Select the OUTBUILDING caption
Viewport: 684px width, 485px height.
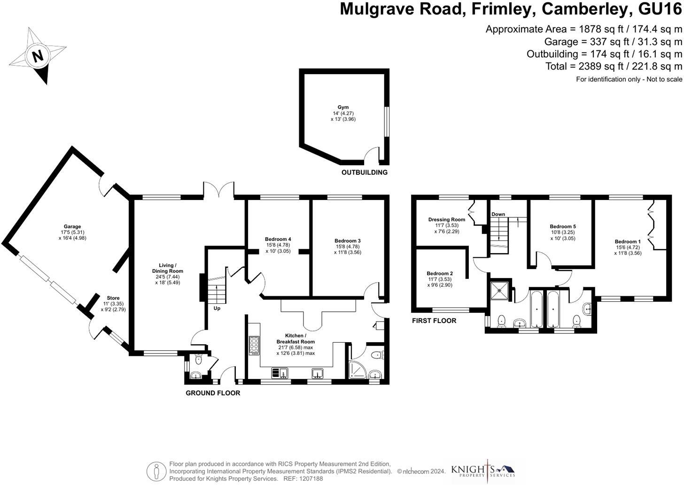(x=364, y=172)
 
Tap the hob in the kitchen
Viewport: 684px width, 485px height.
(x=254, y=346)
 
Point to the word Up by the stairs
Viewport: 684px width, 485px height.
(x=217, y=308)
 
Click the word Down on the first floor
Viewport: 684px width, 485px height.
(x=498, y=214)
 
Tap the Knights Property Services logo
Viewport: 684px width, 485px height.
(x=483, y=470)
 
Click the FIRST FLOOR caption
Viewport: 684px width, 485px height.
(x=434, y=321)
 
